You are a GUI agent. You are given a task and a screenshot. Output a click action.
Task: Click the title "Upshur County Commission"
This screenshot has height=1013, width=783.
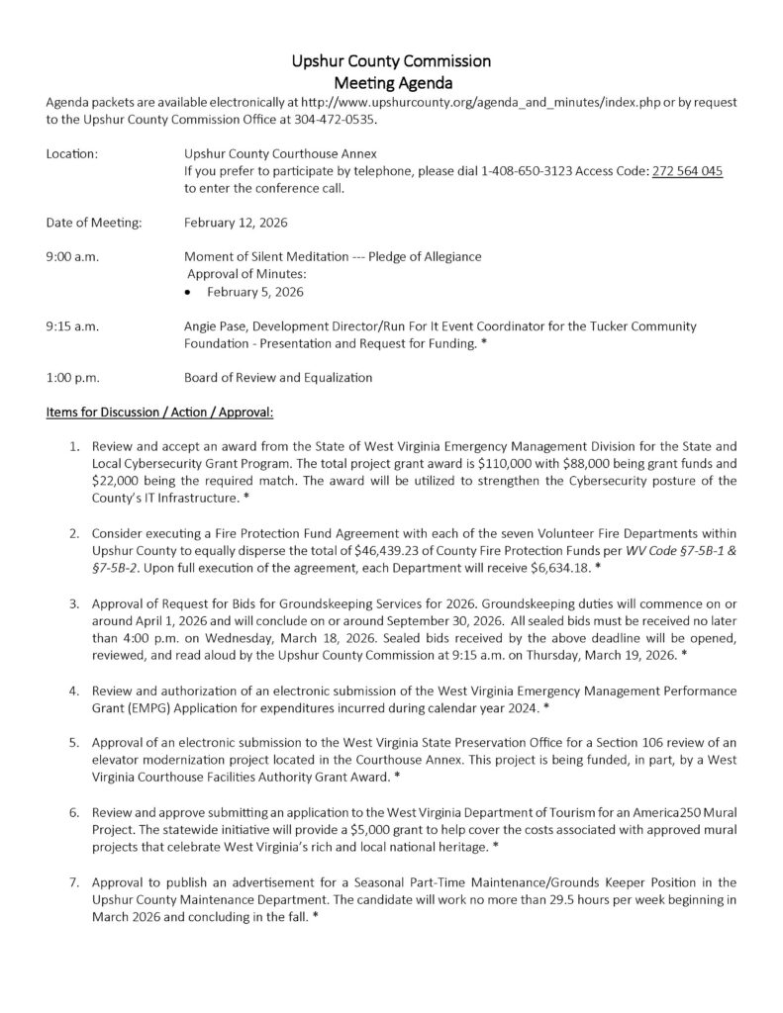[391, 61]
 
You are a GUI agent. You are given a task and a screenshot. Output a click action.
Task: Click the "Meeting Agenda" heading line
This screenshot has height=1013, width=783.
[391, 83]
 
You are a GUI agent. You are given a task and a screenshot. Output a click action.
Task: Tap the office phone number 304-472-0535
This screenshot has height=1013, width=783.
[340, 120]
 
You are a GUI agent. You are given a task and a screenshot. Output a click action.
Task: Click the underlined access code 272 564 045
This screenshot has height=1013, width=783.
[687, 171]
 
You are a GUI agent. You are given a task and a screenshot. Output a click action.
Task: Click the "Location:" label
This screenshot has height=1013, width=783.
[72, 153]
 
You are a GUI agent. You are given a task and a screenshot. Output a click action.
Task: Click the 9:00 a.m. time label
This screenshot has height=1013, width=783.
[72, 256]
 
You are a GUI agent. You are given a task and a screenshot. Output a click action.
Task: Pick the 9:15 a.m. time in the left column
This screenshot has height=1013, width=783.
[72, 325]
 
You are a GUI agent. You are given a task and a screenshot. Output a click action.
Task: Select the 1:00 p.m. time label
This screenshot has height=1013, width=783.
[72, 377]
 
